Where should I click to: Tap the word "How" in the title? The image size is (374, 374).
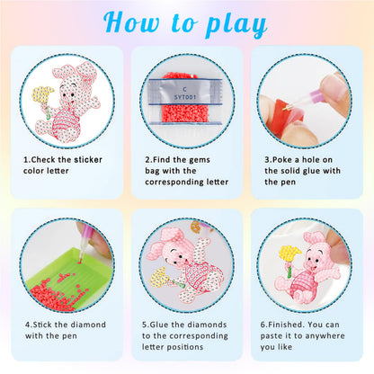(131, 22)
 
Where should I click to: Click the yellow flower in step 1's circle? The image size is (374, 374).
(42, 94)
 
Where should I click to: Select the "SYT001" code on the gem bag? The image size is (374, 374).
(185, 97)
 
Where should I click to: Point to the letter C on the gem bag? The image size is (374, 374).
(184, 89)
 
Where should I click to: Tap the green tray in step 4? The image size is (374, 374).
(70, 279)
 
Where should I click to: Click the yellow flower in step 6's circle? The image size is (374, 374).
(289, 254)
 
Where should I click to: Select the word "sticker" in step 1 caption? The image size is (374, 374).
(88, 160)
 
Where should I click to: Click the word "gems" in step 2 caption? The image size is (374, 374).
(200, 160)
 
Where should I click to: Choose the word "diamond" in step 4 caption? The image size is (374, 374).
(88, 325)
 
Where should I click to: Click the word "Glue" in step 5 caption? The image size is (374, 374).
(159, 325)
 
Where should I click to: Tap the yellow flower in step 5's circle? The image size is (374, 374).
(159, 277)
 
